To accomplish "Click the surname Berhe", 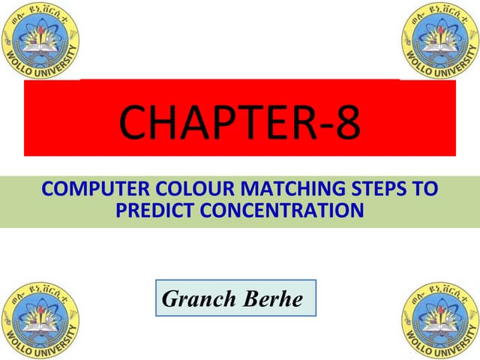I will click(x=272, y=298).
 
